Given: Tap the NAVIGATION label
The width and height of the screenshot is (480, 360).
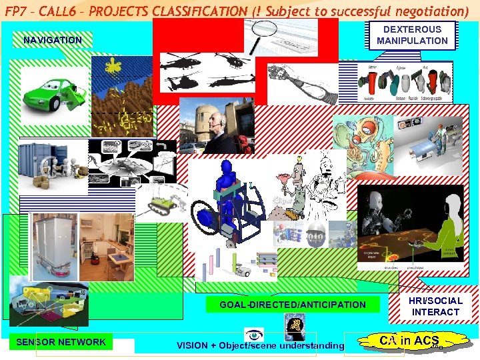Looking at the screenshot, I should tap(53, 40).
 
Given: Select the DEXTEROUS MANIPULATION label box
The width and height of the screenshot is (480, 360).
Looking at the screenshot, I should tap(412, 35).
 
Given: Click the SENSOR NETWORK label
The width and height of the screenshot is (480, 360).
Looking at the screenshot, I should tap(61, 342).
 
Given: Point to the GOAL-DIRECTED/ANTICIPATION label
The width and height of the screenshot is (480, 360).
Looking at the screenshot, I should tap(293, 305).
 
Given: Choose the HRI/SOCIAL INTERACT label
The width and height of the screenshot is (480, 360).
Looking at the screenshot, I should tap(435, 306).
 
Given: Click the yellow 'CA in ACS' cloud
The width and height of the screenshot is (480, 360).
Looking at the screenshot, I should tap(409, 341).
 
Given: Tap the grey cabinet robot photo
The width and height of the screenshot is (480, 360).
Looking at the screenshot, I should tap(53, 247).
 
